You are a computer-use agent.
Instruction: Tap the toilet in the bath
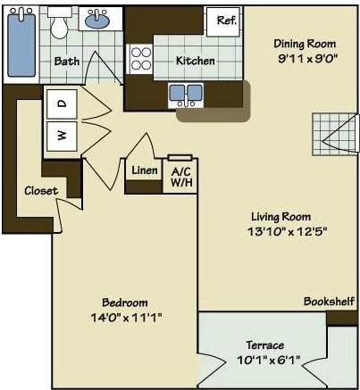60,24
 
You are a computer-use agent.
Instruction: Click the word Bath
66,62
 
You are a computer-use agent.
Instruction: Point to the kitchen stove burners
141,59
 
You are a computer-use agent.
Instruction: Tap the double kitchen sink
186,92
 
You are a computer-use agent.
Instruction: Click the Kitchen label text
195,61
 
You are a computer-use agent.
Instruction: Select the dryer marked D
62,104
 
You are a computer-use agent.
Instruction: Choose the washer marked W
62,136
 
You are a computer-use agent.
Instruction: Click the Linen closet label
145,170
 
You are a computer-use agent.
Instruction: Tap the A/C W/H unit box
181,176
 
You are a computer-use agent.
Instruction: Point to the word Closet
41,190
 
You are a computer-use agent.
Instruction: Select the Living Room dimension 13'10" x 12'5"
280,232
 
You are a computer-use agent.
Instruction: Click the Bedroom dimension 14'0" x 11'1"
124,317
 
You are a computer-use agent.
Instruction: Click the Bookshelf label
329,301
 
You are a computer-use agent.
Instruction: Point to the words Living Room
280,216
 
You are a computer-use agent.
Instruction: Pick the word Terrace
265,344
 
